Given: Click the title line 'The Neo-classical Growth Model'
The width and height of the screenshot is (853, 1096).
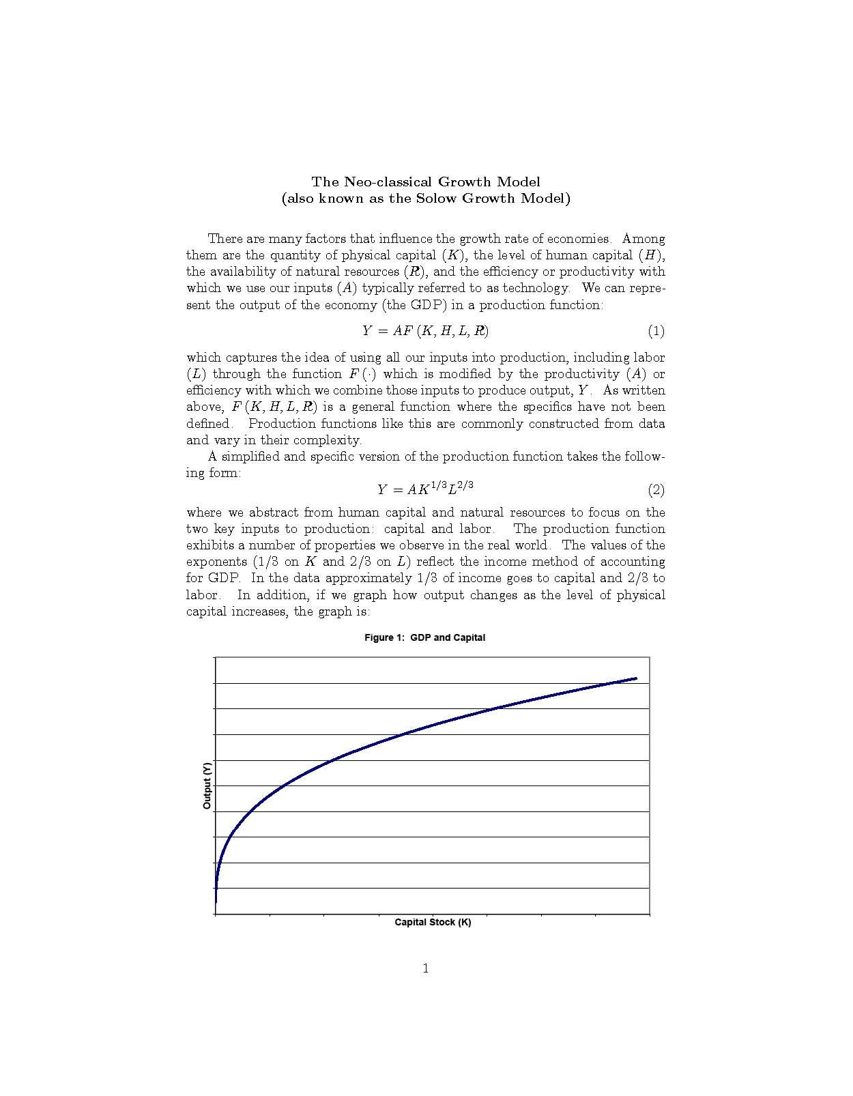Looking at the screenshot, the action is coord(426,182).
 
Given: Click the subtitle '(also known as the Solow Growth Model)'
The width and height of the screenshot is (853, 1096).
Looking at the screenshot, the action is coord(426,199).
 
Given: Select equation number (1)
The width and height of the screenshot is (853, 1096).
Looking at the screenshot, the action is coord(656,332).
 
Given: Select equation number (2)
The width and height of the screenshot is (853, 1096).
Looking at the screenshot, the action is coord(656,490).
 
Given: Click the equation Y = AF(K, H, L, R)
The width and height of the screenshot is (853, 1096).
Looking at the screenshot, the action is coord(425,332).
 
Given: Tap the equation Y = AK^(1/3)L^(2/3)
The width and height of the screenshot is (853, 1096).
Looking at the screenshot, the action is coord(425,489).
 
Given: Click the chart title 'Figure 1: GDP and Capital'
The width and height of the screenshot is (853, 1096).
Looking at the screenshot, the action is coord(424,637).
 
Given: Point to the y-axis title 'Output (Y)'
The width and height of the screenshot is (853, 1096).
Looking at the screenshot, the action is coord(207,785).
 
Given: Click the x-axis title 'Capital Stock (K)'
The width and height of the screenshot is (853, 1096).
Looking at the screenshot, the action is coord(433,923).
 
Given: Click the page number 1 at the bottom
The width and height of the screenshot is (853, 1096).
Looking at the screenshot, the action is coord(426,968).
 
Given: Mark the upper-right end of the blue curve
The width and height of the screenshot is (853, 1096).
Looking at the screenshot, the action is coord(636,678).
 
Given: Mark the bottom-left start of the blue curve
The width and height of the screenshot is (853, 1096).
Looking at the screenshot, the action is coord(216,902).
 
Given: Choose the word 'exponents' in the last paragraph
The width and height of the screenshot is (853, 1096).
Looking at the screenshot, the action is coord(216,562).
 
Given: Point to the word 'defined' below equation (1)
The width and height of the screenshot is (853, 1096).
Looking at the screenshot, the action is coord(208,424).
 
